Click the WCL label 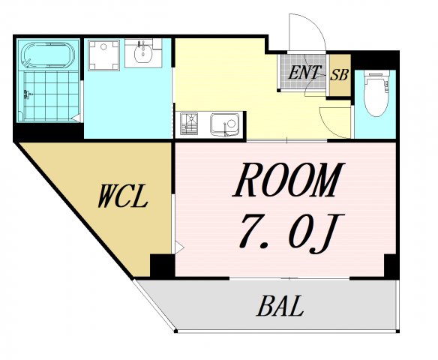click(122, 195)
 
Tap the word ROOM click(288, 179)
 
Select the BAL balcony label click(280, 306)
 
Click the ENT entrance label click(304, 72)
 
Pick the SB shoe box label click(340, 75)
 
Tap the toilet click(376, 93)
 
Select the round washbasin click(142, 53)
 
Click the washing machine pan click(103, 55)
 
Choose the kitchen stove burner click(189, 124)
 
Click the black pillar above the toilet click(374, 60)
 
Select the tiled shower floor click(51, 96)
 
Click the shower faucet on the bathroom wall click(27, 94)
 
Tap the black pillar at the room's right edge click(391, 265)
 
